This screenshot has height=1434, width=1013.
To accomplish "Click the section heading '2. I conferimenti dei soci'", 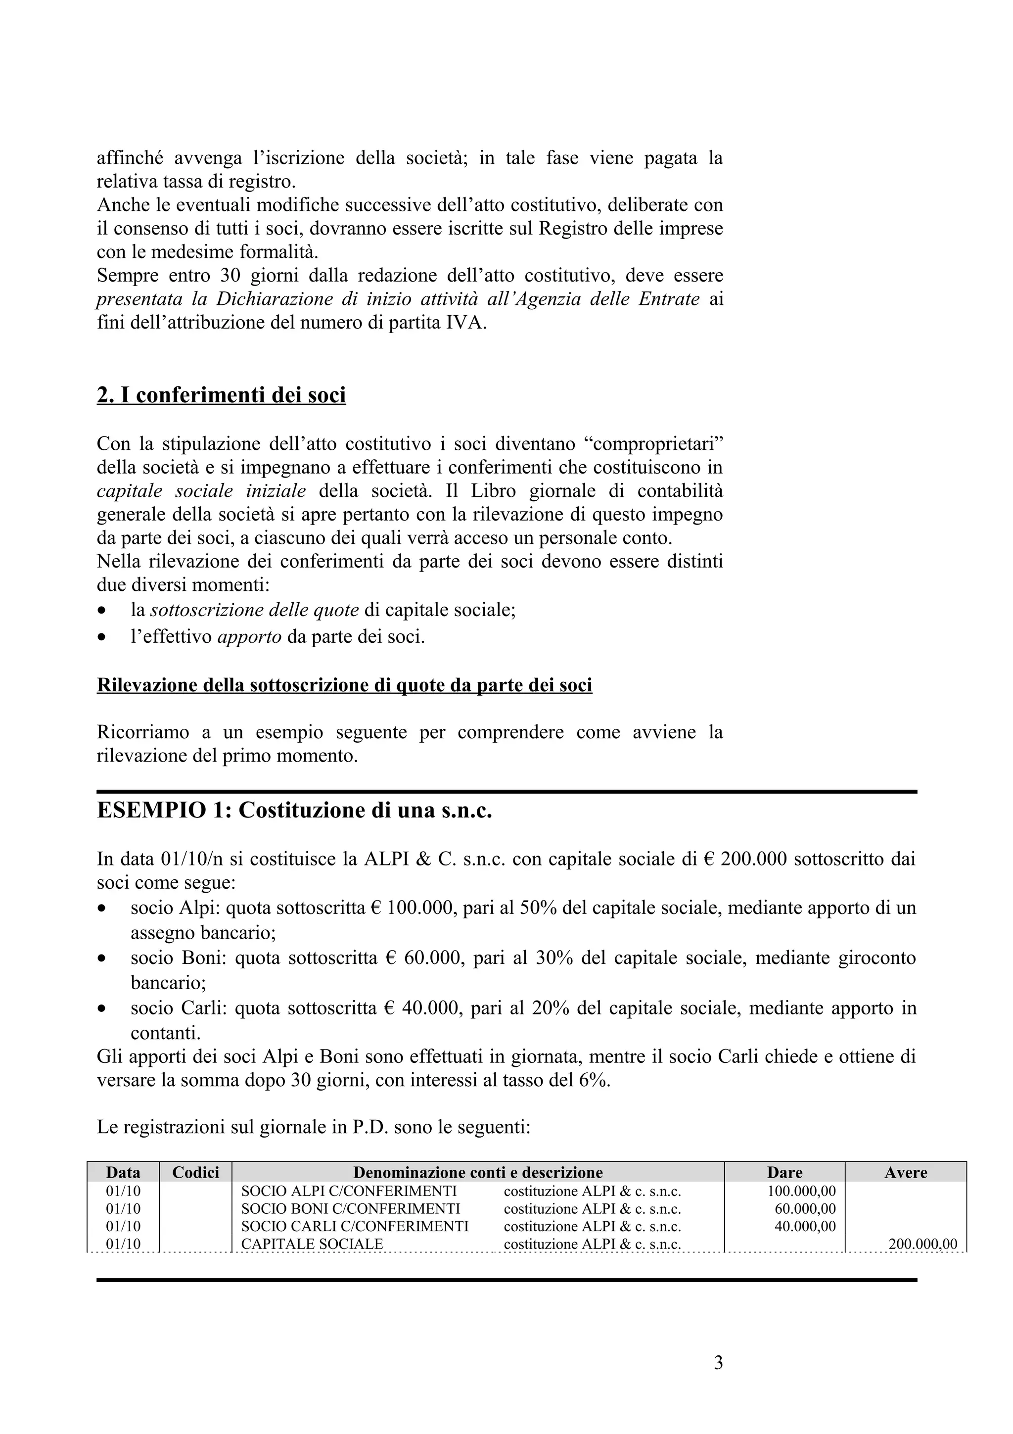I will [x=221, y=395].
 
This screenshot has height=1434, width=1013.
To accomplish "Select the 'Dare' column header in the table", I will [x=784, y=1172].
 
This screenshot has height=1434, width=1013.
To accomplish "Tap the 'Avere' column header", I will [x=905, y=1172].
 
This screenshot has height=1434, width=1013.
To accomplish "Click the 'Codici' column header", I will [x=195, y=1172].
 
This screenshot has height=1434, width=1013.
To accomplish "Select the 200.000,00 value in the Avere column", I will [x=922, y=1243].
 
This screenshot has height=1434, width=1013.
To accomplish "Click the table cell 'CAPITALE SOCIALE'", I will [x=312, y=1243].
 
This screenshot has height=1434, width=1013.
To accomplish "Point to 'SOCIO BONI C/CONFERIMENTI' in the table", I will [x=350, y=1208].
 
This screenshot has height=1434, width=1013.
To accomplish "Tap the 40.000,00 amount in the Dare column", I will [x=805, y=1226].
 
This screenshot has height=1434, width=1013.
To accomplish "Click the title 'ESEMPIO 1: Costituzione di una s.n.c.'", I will [x=295, y=810].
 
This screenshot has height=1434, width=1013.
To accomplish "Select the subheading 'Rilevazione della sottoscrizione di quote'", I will [x=344, y=685].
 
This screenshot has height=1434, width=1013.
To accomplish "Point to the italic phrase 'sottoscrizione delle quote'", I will [x=254, y=610].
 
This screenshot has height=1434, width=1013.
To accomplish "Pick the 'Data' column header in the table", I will [x=123, y=1172].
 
